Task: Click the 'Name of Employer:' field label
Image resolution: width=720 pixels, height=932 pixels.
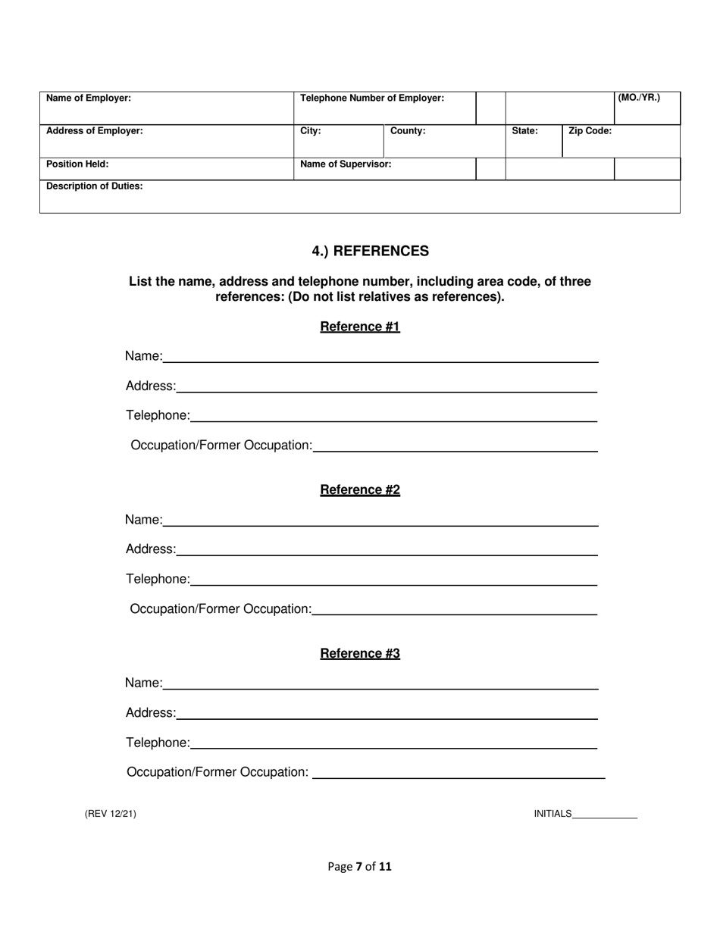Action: point(89,99)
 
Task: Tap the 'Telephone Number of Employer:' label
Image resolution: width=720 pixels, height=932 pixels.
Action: point(372,99)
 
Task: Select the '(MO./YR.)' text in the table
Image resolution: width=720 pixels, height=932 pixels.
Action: point(639,98)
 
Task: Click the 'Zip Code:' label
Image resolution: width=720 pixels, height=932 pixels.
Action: point(590,131)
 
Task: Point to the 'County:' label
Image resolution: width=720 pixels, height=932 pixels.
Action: point(408,131)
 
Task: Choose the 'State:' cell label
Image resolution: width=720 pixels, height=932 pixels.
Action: point(524,131)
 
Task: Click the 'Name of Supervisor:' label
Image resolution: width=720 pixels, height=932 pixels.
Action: point(346,164)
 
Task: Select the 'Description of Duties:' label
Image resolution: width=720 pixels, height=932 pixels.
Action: point(95,186)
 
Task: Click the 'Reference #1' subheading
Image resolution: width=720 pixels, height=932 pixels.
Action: point(359,327)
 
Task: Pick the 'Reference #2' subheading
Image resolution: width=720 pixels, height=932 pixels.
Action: point(359,489)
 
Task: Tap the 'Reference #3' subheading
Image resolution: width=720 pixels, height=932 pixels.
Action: point(359,653)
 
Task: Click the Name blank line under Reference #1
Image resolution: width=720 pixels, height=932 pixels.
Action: point(380,361)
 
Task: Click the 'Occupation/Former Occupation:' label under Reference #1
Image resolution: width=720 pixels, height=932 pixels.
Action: point(221,446)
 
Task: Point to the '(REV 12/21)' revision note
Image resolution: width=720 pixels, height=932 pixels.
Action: point(111,815)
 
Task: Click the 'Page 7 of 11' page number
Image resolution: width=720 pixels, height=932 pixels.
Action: point(359,867)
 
